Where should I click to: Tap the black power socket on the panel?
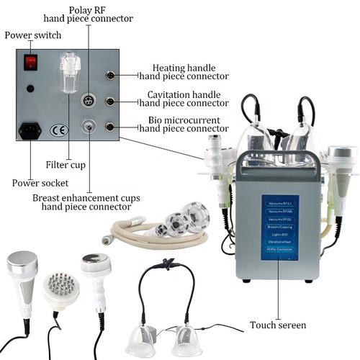30,131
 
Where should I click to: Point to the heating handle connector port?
109,75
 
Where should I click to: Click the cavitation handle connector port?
109,102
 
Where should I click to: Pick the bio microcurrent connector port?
109,127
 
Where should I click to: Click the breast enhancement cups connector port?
88,127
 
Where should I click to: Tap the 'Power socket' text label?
35,183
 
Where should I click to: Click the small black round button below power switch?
30,89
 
